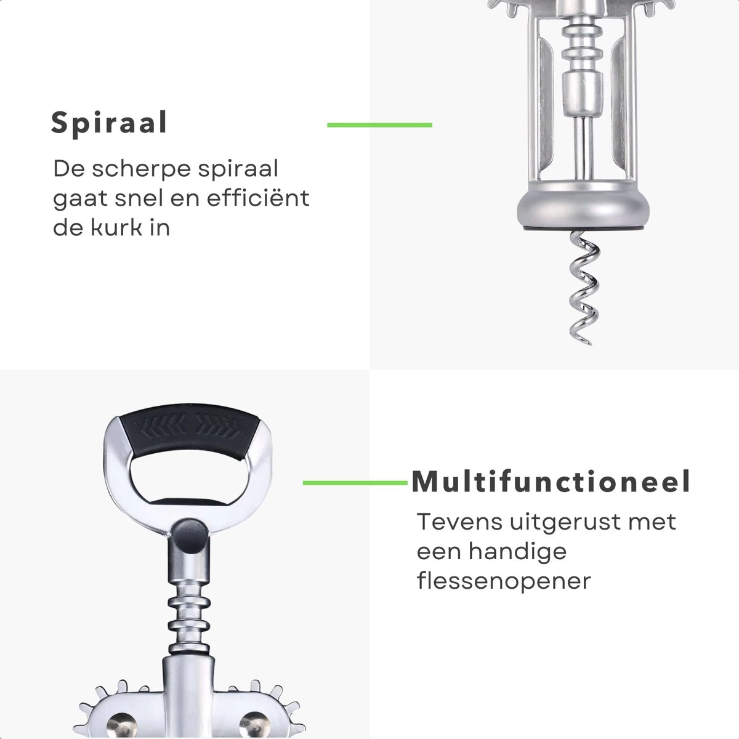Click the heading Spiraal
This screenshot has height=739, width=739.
click(109, 123)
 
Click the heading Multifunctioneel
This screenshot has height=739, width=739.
click(551, 482)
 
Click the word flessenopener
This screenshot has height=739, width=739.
click(504, 580)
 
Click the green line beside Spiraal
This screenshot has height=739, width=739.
click(379, 125)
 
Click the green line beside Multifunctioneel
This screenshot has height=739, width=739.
click(355, 483)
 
